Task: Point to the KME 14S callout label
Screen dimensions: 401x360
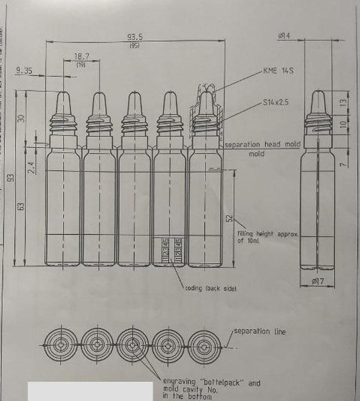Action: pos(278,71)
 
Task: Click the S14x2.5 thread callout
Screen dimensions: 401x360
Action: pos(276,102)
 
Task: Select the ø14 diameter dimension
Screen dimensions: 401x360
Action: pos(284,36)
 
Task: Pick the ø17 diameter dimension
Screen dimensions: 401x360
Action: pos(317,281)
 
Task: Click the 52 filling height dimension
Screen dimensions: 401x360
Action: pos(229,218)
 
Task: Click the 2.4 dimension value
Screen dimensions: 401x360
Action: pos(31,168)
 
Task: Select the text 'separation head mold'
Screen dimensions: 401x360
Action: pos(262,145)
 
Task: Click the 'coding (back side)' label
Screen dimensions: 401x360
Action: pos(211,289)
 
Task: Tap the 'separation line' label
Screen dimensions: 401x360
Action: pos(260,331)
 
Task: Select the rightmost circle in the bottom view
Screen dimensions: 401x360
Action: pos(204,346)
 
